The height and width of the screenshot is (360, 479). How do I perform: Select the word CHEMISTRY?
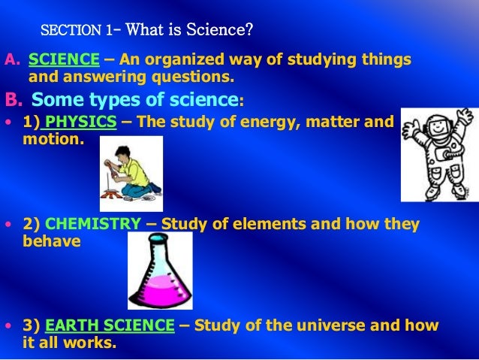92,225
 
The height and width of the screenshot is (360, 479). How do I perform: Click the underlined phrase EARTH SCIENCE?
110,326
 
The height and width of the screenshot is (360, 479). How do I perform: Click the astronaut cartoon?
438,153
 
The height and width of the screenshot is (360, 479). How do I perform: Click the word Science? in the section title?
226,31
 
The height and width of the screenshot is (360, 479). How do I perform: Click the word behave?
52,241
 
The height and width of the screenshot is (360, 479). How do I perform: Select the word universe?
327,326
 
